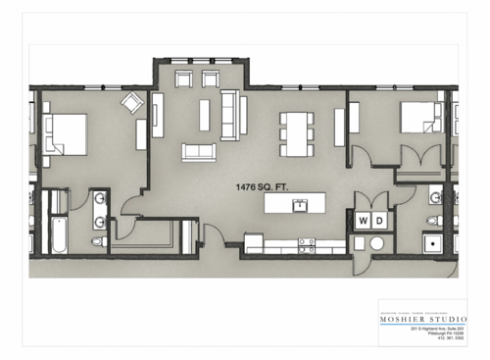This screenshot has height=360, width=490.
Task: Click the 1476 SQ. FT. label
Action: [x=263, y=186]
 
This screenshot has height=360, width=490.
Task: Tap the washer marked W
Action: [x=362, y=221]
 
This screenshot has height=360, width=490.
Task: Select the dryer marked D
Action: [x=378, y=221]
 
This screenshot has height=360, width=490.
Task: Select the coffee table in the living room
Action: [x=205, y=115]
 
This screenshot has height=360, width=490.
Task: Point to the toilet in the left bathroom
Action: [x=99, y=239]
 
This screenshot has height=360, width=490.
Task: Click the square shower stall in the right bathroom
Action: [x=432, y=241]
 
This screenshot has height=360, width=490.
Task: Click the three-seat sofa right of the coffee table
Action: [x=230, y=112]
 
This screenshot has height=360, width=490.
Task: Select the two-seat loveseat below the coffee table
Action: [x=198, y=152]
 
